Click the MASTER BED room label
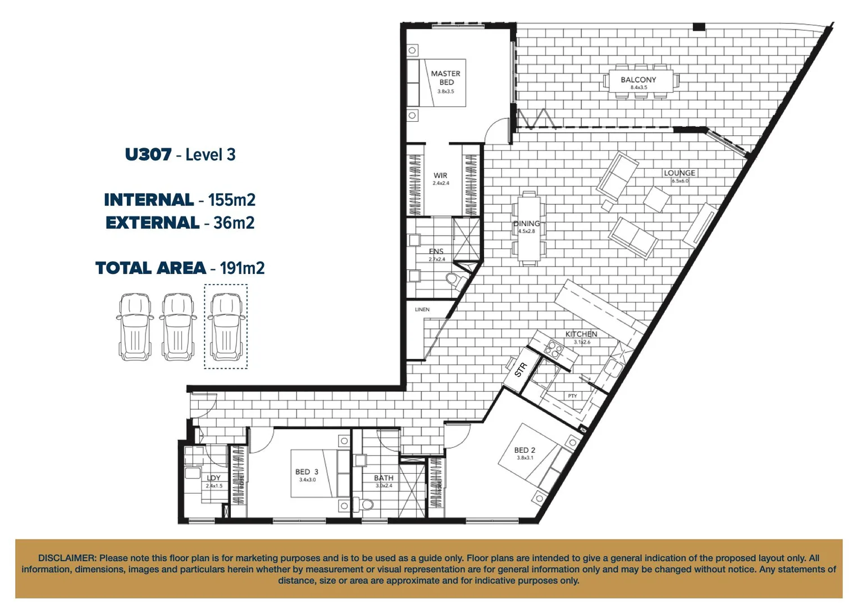pos(445,78)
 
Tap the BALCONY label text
pos(638,80)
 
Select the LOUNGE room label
pos(679,173)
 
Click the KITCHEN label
pos(581,334)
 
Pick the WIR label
pos(440,176)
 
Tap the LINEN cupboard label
pos(422,310)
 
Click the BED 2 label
pos(524,450)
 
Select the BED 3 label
pos(307,472)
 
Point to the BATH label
pos(384,478)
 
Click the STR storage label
pos(521,370)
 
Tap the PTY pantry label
pos(572,396)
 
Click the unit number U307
pos(148,154)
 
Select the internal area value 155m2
pos(231,200)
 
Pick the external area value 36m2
pos(234,223)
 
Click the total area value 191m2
pos(242,268)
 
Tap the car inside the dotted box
pos(226,327)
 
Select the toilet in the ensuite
pos(453,279)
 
